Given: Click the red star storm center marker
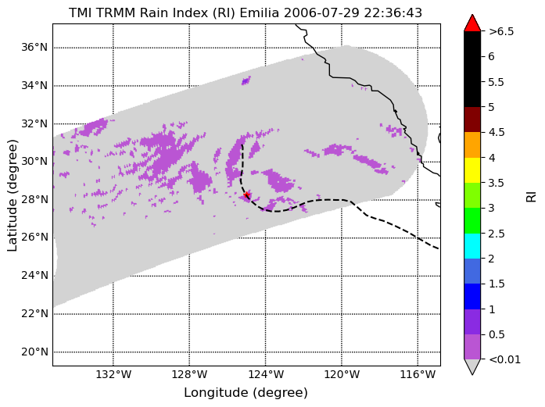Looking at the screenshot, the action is (247, 195).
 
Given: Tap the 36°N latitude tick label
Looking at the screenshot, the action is (34, 47).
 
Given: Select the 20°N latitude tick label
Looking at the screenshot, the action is (34, 352).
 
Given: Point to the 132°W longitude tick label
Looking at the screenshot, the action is (113, 374).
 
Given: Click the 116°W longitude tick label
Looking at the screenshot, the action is (418, 374).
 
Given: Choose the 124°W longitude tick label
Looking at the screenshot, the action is (266, 374).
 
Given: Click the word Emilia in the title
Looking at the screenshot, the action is (260, 12).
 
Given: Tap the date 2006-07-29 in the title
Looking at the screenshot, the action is (321, 12).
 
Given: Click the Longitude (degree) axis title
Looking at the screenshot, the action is (246, 393).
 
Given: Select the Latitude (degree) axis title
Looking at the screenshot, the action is (12, 195).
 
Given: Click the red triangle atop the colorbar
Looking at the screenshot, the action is (472, 23).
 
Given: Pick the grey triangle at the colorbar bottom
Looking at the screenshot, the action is (472, 366).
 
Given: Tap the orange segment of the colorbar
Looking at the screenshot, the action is (472, 145).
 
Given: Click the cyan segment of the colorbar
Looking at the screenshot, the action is (472, 246).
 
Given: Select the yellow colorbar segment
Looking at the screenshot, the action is (472, 170).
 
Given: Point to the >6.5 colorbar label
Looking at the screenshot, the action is (501, 31).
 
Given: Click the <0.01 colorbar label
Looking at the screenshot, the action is (504, 359).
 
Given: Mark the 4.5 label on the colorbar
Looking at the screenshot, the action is (497, 132).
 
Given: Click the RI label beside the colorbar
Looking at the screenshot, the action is (532, 197).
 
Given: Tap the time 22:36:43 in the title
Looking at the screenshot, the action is (393, 12).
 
